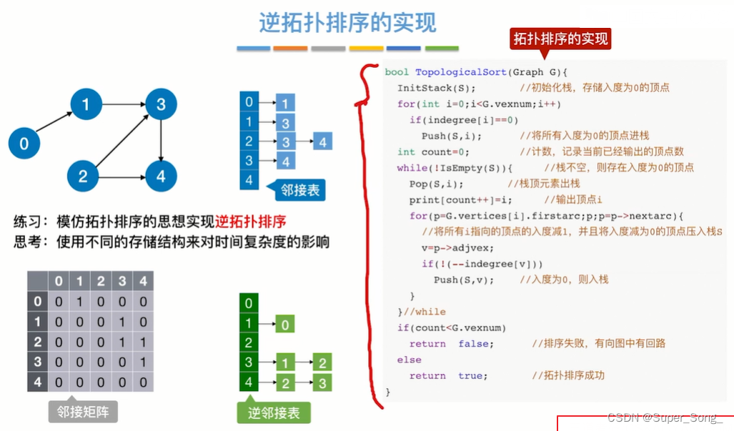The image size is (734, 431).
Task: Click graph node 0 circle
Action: tap(24, 144)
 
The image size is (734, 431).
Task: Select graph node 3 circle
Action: tap(161, 105)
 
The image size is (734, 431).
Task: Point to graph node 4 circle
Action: tap(161, 177)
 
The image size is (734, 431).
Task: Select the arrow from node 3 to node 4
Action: tap(161, 141)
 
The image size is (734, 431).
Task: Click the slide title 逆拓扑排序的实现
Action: tap(347, 24)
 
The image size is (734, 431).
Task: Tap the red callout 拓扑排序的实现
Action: tap(561, 39)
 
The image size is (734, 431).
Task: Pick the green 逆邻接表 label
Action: tap(274, 412)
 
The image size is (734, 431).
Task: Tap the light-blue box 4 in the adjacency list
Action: tap(322, 142)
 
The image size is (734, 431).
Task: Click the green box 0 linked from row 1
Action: tap(284, 325)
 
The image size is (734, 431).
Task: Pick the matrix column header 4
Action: tap(143, 281)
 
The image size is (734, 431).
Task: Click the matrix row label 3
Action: tap(38, 362)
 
